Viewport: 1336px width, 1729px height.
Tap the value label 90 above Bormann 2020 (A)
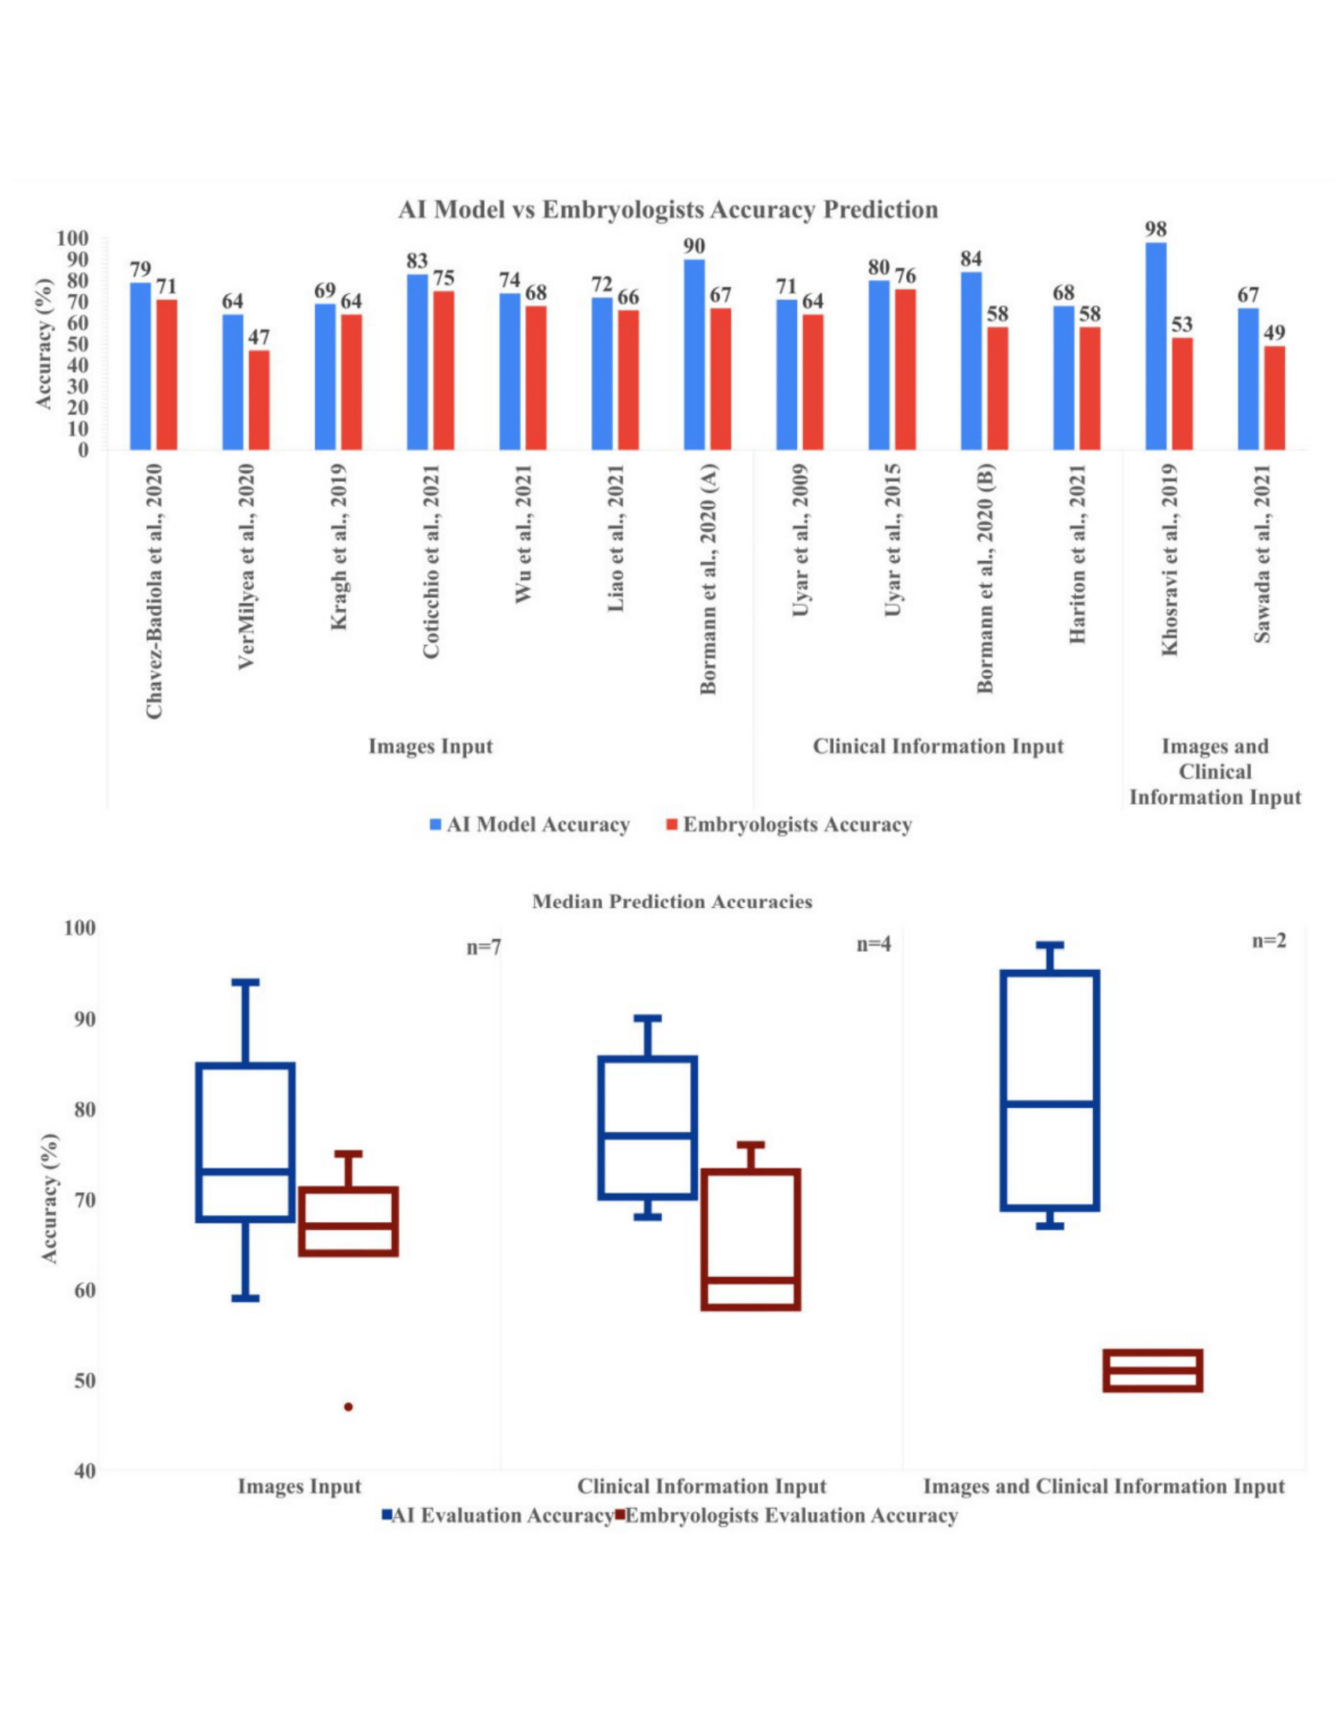(x=694, y=246)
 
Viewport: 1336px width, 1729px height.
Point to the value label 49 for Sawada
(x=1274, y=332)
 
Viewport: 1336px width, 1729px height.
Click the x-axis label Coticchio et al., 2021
(x=431, y=560)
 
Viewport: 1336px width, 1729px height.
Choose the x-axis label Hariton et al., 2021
(x=1077, y=553)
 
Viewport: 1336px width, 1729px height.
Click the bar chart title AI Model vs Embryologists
(x=668, y=210)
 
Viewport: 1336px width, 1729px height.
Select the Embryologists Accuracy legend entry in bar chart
(x=796, y=825)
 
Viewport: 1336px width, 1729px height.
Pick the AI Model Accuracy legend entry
(x=538, y=825)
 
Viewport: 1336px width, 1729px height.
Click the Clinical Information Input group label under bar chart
(x=938, y=747)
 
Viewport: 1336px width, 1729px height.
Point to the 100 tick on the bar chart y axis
(x=72, y=238)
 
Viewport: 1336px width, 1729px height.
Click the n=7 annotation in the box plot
(x=483, y=948)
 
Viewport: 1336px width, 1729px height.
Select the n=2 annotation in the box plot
(x=1268, y=941)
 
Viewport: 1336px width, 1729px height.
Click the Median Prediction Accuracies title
(x=672, y=901)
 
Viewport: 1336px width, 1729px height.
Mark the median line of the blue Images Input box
(x=245, y=1171)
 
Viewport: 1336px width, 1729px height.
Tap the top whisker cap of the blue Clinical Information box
(x=648, y=1018)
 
